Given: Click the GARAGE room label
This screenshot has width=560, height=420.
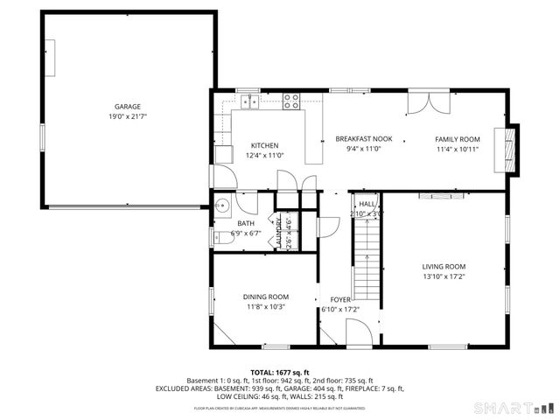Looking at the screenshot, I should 127,107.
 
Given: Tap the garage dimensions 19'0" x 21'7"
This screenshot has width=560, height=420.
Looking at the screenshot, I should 127,116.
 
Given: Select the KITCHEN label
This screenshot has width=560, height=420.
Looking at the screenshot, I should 264,145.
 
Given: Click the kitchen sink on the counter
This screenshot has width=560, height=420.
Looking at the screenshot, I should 251,101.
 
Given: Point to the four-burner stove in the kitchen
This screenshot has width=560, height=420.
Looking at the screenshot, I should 291,101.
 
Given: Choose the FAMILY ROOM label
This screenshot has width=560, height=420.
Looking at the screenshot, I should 458,139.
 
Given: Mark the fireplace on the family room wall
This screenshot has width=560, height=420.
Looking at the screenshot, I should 507,147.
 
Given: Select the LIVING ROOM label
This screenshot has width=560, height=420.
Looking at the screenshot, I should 444,267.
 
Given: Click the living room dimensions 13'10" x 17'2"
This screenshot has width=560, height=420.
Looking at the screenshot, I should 444,277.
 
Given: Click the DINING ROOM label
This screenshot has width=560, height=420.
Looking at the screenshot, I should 266,297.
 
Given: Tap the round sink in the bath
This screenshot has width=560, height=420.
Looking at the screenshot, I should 224,207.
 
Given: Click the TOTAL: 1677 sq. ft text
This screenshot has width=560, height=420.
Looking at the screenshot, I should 280,372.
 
